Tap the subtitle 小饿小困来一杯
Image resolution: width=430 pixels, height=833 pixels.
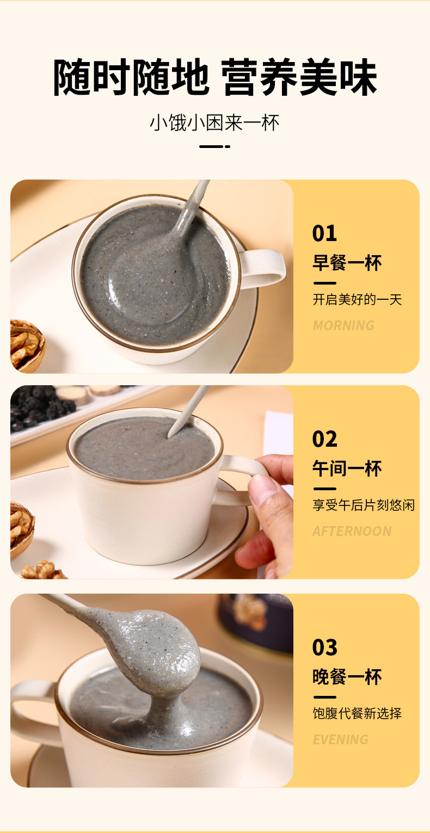click(x=214, y=123)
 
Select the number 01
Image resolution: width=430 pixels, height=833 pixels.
click(x=324, y=233)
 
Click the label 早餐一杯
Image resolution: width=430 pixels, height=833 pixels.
click(x=347, y=263)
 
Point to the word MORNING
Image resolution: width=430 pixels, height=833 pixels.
click(x=343, y=325)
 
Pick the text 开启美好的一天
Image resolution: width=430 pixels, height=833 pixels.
click(x=357, y=300)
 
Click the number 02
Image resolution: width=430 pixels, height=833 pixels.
click(x=325, y=439)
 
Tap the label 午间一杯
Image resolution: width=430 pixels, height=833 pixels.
click(x=347, y=469)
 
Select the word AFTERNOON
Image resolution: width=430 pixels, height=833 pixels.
click(x=352, y=532)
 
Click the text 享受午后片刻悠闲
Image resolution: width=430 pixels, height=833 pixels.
click(x=363, y=505)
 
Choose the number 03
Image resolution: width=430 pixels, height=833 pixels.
click(x=325, y=647)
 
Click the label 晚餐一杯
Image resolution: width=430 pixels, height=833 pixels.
click(x=347, y=677)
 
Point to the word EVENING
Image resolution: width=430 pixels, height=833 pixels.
click(x=340, y=740)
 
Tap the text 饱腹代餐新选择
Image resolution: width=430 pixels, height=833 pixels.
click(x=357, y=714)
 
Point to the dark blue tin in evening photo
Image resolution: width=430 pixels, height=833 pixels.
click(x=256, y=620)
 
